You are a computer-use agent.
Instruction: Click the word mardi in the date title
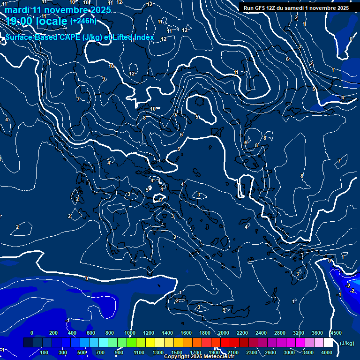pos(17,10)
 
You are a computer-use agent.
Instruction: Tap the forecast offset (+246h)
pos(83,21)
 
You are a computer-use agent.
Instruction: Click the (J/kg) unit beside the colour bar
pos(346,343)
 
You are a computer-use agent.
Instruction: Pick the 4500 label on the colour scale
pos(336,333)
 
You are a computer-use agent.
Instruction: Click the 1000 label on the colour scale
pos(130,333)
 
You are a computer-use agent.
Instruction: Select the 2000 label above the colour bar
pos(224,333)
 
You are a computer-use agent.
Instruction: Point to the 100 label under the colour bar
pos(45,352)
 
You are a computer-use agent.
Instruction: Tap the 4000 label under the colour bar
pos(327,352)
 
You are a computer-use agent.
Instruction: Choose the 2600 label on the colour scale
pos(270,352)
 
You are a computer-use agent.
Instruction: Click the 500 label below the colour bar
pos(82,352)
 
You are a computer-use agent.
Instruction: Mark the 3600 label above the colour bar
pos(317,333)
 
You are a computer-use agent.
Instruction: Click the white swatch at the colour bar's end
pos(328,343)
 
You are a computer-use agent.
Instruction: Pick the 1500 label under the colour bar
pos(177,352)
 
